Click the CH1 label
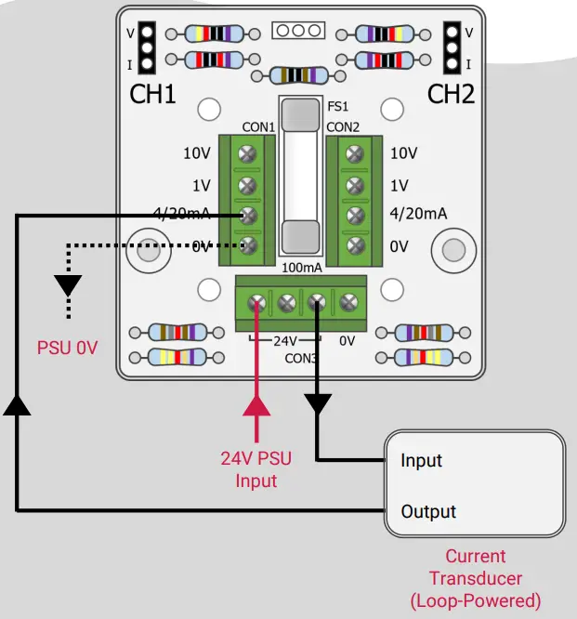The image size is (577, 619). pyautogui.click(x=152, y=95)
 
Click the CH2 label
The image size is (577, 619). pyautogui.click(x=451, y=95)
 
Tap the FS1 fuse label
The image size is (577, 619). pyautogui.click(x=337, y=108)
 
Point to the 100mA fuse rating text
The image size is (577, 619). pyautogui.click(x=303, y=268)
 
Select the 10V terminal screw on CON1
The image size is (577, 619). pyautogui.click(x=247, y=153)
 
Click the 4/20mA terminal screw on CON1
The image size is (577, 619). pyautogui.click(x=247, y=215)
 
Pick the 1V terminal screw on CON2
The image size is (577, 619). pyautogui.click(x=354, y=185)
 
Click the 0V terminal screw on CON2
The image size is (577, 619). pyautogui.click(x=354, y=246)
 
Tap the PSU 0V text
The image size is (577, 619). pyautogui.click(x=67, y=349)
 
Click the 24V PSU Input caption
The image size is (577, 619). pyautogui.click(x=256, y=469)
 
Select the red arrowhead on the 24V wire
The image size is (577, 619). pyautogui.click(x=256, y=405)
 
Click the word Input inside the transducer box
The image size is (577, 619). pyautogui.click(x=421, y=460)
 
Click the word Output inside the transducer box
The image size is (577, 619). pyautogui.click(x=428, y=512)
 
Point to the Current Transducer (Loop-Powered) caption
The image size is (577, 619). pyautogui.click(x=475, y=578)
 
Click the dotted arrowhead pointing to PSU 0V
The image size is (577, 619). pyautogui.click(x=67, y=284)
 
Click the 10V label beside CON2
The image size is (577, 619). pyautogui.click(x=403, y=153)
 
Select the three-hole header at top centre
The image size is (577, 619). pyautogui.click(x=297, y=31)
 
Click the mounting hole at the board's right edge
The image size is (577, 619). pyautogui.click(x=452, y=249)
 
